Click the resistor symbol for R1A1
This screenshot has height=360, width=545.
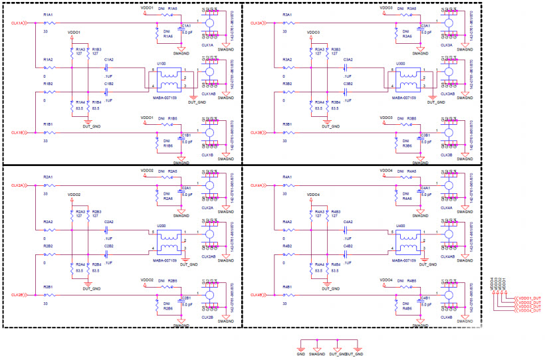(48, 23)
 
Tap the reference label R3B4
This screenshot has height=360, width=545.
(335, 103)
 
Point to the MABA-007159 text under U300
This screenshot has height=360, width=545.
(403, 97)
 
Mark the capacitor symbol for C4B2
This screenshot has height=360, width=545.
(347, 252)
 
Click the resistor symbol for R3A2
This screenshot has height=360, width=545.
(287, 66)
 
